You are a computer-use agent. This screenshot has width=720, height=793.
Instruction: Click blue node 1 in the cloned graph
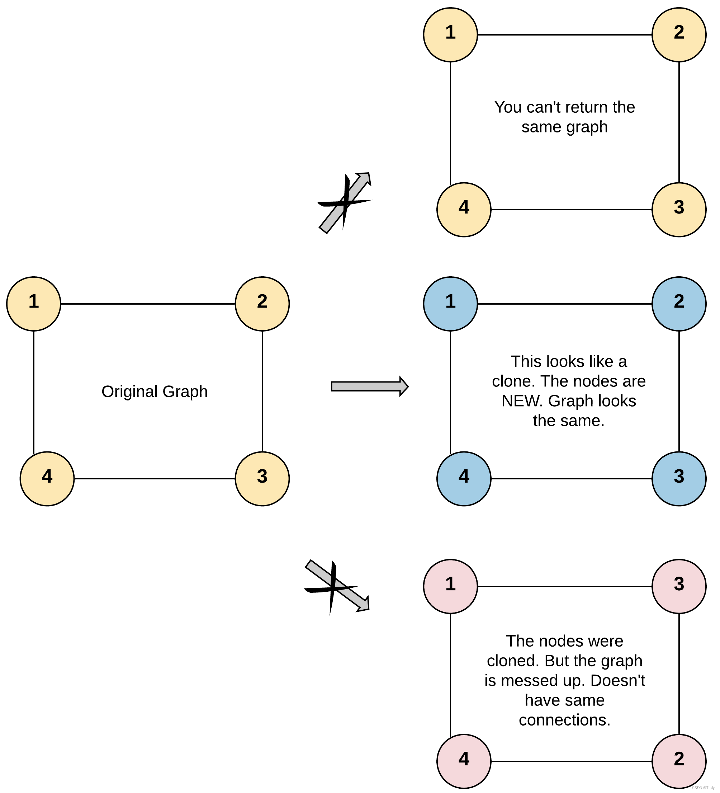click(450, 304)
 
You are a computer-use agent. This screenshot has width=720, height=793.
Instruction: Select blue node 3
click(679, 478)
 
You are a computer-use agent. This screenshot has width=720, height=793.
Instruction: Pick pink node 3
click(679, 586)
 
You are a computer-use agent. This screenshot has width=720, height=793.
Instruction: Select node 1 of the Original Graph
click(34, 304)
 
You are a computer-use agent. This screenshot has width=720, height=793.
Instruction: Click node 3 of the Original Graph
click(262, 478)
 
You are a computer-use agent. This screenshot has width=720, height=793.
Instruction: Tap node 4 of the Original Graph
click(47, 478)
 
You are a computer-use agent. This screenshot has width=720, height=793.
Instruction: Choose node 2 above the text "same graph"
click(679, 34)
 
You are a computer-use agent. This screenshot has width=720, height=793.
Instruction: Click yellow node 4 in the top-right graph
click(464, 209)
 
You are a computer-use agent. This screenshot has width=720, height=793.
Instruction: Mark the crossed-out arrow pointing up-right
click(344, 203)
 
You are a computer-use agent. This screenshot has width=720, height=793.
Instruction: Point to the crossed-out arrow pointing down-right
click(337, 586)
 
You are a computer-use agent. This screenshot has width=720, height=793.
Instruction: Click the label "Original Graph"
click(155, 391)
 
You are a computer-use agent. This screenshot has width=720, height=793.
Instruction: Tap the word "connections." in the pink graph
click(564, 720)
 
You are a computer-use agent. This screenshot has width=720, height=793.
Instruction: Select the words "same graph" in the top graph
click(564, 127)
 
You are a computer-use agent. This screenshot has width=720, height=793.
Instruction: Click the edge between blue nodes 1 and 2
click(564, 304)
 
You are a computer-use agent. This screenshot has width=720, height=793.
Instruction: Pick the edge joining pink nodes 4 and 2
click(571, 761)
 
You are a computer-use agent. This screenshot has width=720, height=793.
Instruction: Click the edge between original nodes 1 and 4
click(34, 391)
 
